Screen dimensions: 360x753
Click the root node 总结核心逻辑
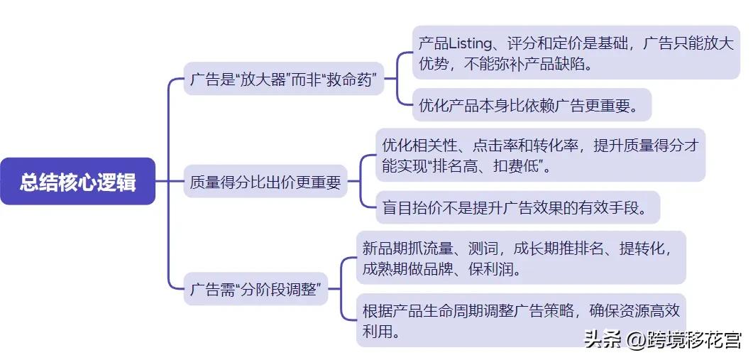tap(77, 182)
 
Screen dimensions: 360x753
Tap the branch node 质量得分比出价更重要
tap(265, 182)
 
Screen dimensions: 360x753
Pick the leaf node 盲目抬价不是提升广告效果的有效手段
tap(513, 208)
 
